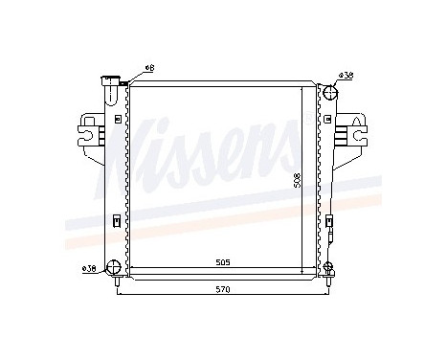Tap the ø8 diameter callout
[x=149, y=67]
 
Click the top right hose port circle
[x=329, y=93]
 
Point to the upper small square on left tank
[x=116, y=120]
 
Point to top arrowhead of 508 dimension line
[x=302, y=88]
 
